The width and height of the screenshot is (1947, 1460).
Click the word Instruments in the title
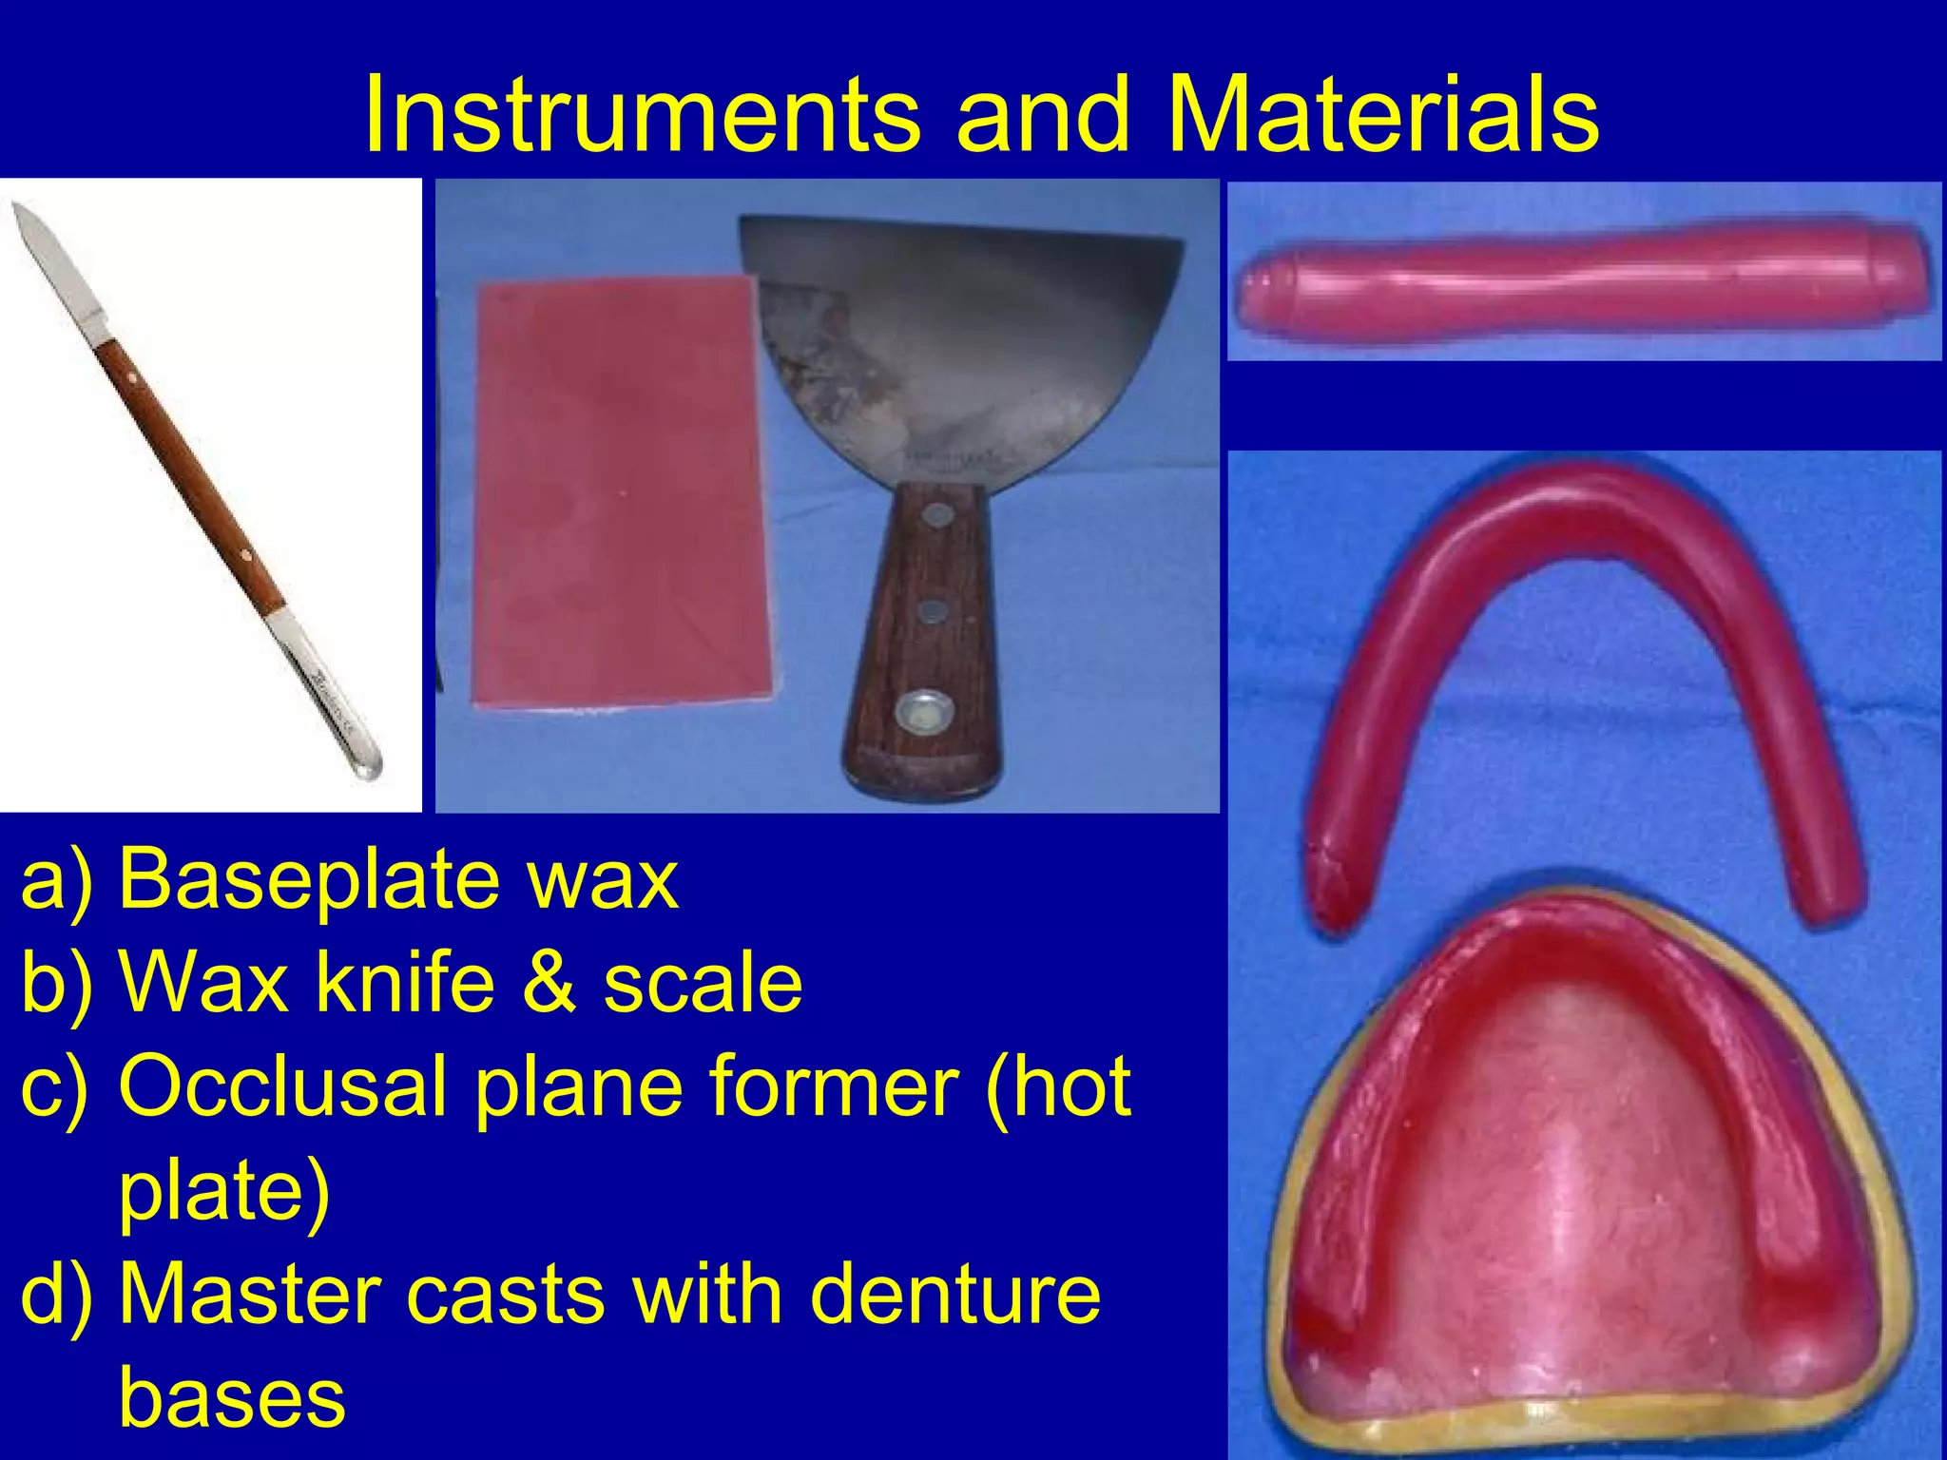(642, 114)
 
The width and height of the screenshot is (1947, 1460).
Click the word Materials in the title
(1383, 114)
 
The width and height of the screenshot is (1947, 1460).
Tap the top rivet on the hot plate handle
(939, 516)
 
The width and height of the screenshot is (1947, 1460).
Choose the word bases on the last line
(232, 1397)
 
